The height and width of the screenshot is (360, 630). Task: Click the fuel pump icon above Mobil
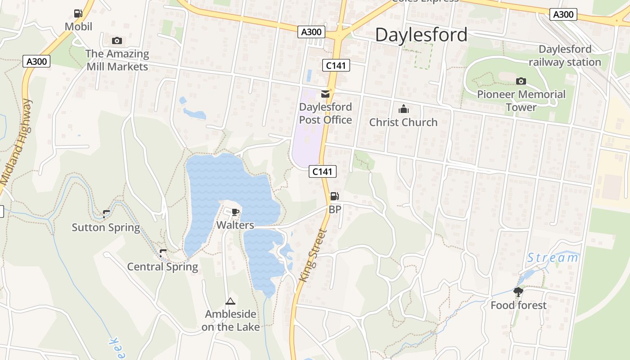click(x=78, y=13)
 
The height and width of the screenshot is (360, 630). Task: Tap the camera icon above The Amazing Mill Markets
click(x=117, y=41)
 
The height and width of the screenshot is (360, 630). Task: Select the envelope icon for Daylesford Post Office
click(x=325, y=94)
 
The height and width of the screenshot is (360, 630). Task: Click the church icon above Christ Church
click(x=403, y=109)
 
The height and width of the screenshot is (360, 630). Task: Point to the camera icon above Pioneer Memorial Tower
click(x=521, y=81)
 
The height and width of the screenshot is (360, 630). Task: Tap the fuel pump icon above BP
click(x=334, y=196)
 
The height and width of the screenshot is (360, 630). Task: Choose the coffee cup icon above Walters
click(x=235, y=212)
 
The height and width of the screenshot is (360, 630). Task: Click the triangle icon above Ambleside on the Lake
click(x=230, y=301)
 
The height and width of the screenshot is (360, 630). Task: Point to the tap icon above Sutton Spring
click(x=106, y=214)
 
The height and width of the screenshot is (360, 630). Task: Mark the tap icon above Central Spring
click(x=163, y=253)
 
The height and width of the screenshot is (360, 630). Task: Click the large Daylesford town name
click(x=421, y=35)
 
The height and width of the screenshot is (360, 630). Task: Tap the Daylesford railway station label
click(x=565, y=55)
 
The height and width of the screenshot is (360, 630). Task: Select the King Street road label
click(x=311, y=256)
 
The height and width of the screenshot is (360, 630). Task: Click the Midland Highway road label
click(x=17, y=142)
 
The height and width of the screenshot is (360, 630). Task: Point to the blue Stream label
click(x=553, y=258)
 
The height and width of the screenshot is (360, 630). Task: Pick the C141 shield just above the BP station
click(x=323, y=171)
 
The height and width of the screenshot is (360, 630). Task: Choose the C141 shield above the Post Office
click(x=336, y=66)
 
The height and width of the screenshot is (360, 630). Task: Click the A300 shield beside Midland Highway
click(x=36, y=61)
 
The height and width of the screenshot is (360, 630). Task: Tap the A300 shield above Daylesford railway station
click(x=563, y=14)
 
